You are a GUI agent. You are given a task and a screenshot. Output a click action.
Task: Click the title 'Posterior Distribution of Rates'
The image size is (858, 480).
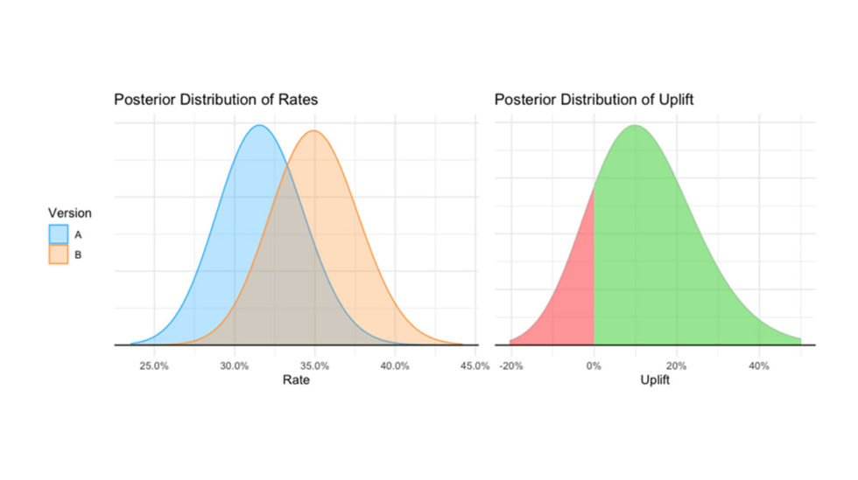click(x=215, y=100)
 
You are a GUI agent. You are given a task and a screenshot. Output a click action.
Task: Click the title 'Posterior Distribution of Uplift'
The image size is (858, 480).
click(x=594, y=100)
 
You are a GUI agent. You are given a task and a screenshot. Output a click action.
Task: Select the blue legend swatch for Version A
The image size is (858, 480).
click(x=58, y=233)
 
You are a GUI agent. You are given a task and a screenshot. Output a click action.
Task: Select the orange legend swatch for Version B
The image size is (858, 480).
click(x=58, y=254)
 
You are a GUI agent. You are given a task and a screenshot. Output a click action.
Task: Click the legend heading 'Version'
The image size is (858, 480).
click(x=69, y=212)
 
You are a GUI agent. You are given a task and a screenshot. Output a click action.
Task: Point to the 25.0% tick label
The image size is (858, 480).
click(x=154, y=365)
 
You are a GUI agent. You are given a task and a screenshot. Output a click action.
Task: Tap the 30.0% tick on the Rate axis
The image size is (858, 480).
click(x=234, y=365)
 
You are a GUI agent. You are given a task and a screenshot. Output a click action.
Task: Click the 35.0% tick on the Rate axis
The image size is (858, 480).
click(x=314, y=365)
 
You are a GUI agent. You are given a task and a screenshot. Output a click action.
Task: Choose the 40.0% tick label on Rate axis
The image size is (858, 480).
click(x=394, y=365)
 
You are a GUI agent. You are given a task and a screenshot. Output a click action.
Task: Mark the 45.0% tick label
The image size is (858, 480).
click(x=474, y=365)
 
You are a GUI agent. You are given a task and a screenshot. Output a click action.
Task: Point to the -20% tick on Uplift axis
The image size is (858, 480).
click(x=510, y=365)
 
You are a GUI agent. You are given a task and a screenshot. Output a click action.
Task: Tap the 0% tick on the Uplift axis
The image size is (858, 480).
click(x=594, y=365)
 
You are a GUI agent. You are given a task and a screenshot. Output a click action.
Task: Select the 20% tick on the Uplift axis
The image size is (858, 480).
click(x=676, y=365)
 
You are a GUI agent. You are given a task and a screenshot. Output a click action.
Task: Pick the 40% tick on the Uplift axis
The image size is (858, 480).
click(x=758, y=365)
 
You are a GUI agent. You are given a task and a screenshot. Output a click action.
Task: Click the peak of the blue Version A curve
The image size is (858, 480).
click(x=259, y=126)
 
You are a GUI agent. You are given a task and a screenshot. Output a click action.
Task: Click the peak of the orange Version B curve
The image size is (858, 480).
click(x=313, y=132)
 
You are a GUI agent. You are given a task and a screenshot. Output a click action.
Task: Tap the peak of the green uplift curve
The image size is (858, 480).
click(x=635, y=126)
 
